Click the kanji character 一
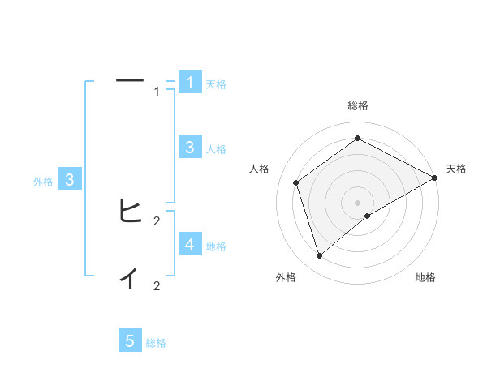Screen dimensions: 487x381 tap(130, 80)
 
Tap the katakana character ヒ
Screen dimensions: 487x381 tap(130, 211)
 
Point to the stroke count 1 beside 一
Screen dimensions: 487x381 tap(157, 92)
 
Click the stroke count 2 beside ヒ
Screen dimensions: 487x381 tap(157, 220)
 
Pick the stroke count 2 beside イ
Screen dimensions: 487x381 tap(157, 285)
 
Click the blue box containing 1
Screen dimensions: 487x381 tap(189, 82)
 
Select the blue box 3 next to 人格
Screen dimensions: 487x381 tap(189, 147)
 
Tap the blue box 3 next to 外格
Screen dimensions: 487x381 tap(70, 180)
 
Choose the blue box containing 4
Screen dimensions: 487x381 tap(189, 244)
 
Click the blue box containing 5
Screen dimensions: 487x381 tap(130, 341)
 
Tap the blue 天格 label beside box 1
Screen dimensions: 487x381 tap(216, 83)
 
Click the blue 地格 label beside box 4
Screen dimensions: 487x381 tap(216, 246)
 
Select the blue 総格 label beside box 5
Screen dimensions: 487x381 tap(156, 343)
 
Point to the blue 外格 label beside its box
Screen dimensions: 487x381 tap(43, 182)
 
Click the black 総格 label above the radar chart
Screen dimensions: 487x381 tap(358, 105)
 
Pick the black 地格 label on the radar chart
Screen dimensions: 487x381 tap(425, 277)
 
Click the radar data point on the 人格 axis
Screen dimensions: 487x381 tap(296, 182)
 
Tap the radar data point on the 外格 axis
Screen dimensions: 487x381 tap(319, 256)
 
